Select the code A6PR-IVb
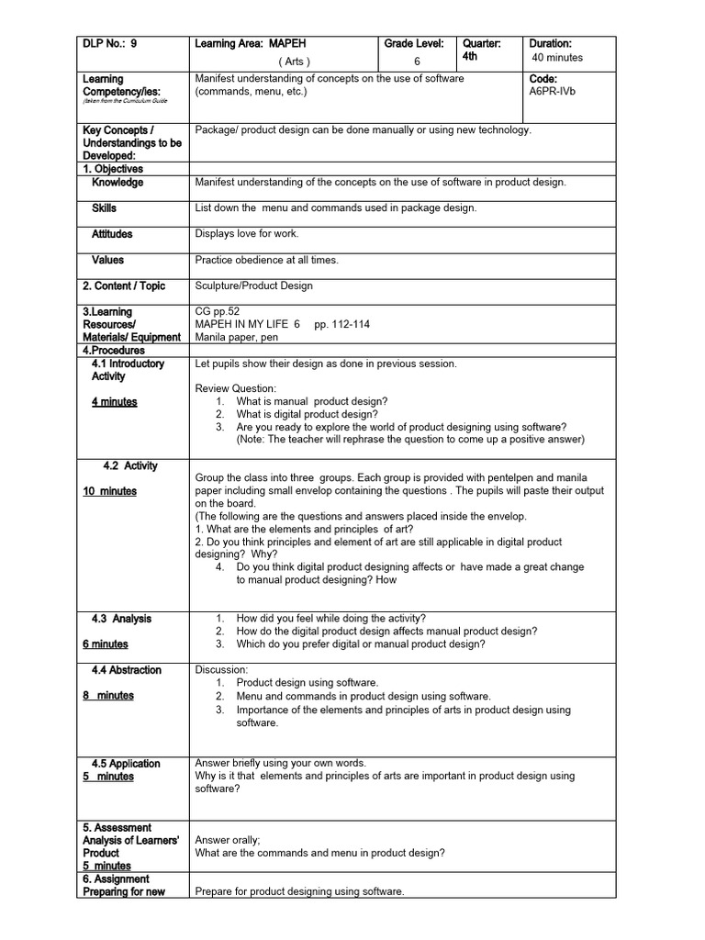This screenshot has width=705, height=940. [x=554, y=92]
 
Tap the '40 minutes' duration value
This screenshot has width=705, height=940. [x=557, y=58]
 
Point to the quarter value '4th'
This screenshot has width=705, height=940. [x=471, y=56]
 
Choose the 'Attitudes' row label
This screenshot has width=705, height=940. [x=112, y=234]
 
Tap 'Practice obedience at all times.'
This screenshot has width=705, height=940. [x=267, y=260]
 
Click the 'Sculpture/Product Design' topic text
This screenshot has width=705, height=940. [x=254, y=285]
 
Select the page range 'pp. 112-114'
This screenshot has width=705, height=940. [x=342, y=325]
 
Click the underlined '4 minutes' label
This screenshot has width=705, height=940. [x=114, y=402]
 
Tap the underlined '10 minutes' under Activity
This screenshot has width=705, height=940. [x=109, y=491]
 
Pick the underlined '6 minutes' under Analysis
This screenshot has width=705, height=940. [x=106, y=644]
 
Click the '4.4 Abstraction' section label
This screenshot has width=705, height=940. [x=126, y=670]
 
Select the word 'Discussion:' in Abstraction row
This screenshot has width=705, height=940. [x=221, y=670]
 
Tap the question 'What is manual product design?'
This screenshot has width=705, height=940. [x=312, y=402]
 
